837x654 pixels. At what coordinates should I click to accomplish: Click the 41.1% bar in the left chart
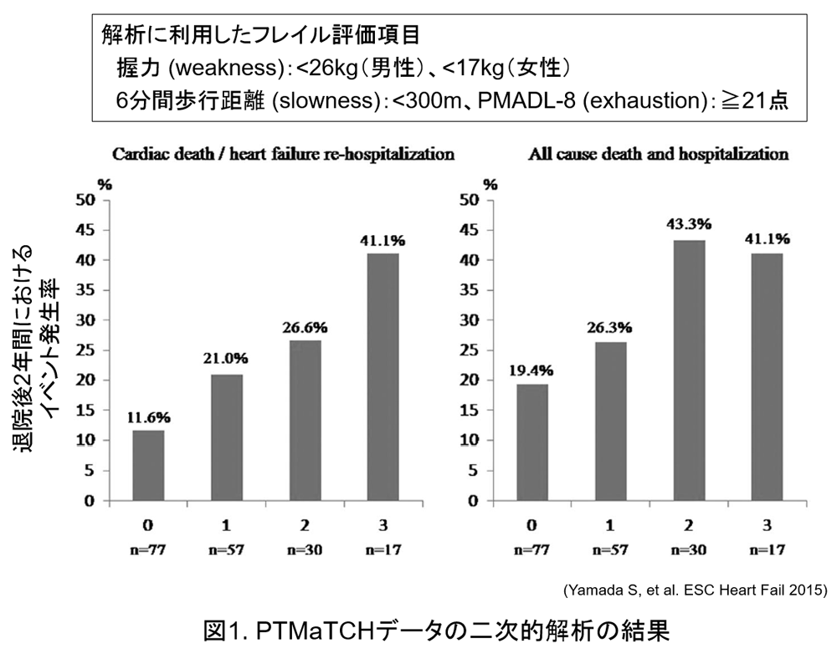point(381,376)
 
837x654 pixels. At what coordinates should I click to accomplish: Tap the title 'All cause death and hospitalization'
point(658,155)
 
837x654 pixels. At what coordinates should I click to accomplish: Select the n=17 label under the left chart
point(381,552)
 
